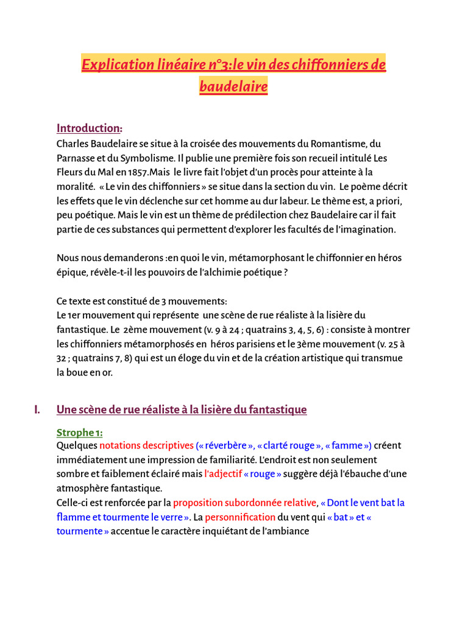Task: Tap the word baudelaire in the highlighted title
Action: [x=233, y=87]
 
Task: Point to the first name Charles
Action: [x=72, y=144]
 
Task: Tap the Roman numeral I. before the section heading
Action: [x=38, y=410]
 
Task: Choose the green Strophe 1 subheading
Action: [x=80, y=433]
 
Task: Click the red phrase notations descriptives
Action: [x=146, y=446]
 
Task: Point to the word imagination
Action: [x=365, y=230]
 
